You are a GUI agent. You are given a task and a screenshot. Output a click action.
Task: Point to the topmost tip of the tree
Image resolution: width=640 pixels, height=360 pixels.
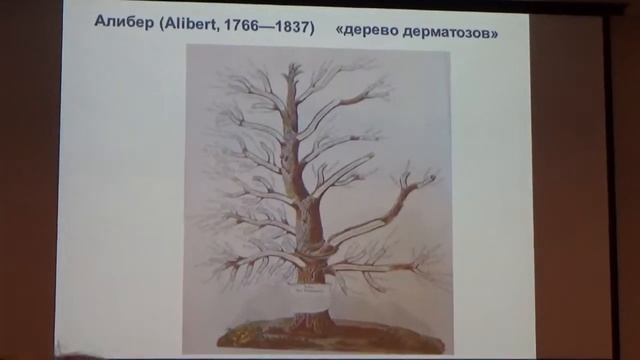pos(293,64)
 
